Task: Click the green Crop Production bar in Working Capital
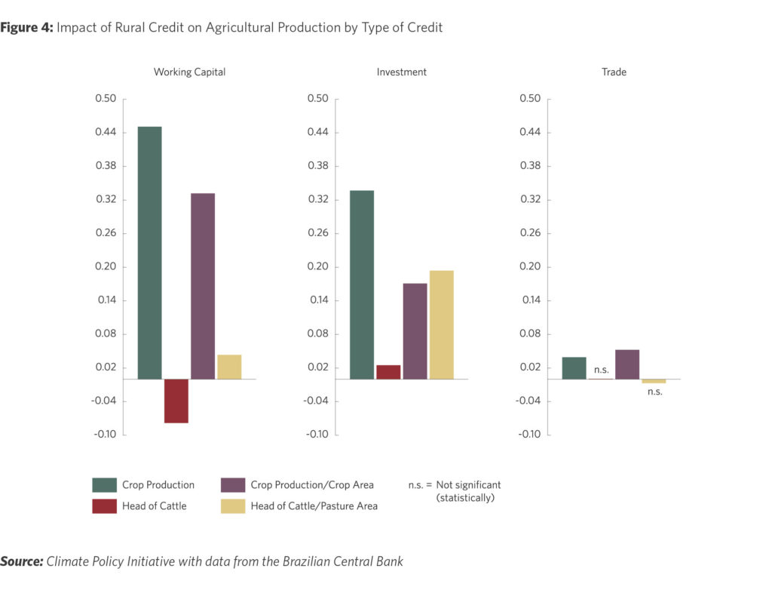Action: [x=149, y=253]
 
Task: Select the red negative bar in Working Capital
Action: [x=176, y=401]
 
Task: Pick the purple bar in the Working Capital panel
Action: [x=203, y=286]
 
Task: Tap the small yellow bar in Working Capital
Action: [x=229, y=367]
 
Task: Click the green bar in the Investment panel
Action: [x=362, y=284]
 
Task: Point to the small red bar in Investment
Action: [x=388, y=372]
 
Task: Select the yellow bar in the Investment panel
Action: [x=442, y=324]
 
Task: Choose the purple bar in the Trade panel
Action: [x=627, y=364]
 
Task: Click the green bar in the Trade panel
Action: [x=574, y=368]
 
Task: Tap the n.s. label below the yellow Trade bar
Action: [x=654, y=392]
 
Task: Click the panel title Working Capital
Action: [x=189, y=72]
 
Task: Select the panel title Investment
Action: [x=402, y=72]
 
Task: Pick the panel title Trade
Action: [x=614, y=72]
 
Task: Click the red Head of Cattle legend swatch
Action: [x=104, y=506]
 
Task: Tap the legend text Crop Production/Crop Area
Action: [x=311, y=485]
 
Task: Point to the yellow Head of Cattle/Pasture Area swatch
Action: [x=232, y=506]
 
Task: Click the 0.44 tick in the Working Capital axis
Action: [x=106, y=133]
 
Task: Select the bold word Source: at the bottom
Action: [x=21, y=561]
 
